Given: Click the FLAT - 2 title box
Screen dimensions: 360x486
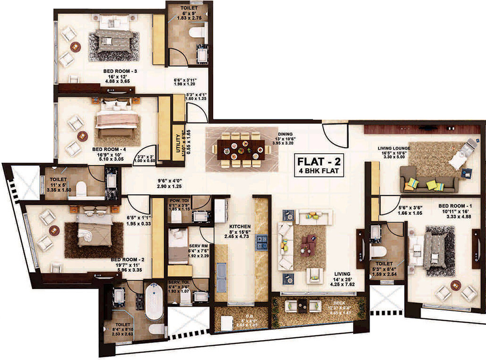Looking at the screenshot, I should (x=318, y=165).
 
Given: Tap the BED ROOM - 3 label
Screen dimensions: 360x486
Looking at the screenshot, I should (x=120, y=71).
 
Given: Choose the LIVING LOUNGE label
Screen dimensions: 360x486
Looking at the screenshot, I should (x=394, y=148).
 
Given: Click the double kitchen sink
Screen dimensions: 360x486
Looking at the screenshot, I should (x=221, y=277).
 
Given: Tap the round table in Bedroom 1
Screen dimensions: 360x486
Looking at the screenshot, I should (x=456, y=285).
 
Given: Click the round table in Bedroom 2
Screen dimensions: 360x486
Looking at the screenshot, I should (x=55, y=230).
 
